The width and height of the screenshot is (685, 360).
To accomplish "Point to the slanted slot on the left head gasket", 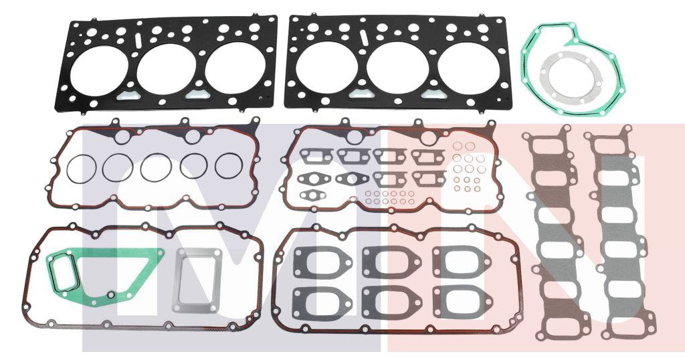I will pyautogui.click(x=138, y=40).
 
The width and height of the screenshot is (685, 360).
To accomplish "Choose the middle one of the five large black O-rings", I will pyautogui.click(x=156, y=167).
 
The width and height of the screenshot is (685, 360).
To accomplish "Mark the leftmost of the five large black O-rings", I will pyautogui.click(x=80, y=167).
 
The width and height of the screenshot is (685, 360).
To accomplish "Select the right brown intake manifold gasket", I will pyautogui.click(x=616, y=234).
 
